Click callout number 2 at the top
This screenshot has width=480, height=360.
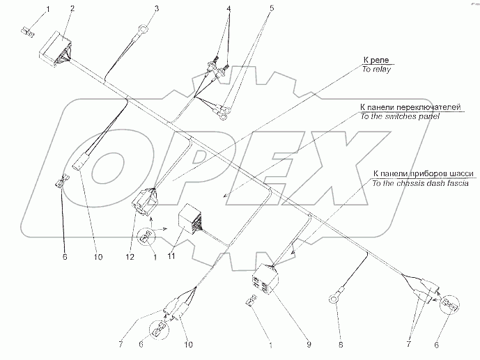72,8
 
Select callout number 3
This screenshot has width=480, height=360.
157,8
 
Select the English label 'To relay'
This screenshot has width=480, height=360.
376,70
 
